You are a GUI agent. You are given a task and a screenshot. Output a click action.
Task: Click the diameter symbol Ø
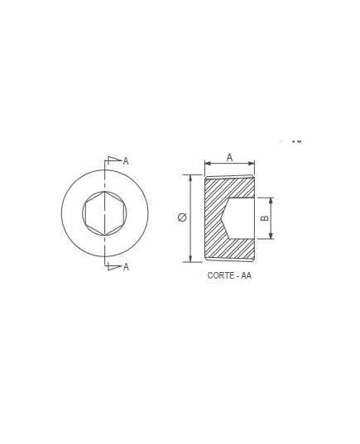point(182,217)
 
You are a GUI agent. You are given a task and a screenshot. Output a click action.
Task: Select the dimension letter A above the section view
point(229,157)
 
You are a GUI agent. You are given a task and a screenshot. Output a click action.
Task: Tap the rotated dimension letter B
point(264,218)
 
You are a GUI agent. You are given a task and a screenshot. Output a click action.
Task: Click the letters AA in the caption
point(247,275)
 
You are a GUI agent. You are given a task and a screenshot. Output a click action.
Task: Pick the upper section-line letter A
point(126,161)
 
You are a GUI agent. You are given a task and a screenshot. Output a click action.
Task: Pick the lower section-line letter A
point(126,267)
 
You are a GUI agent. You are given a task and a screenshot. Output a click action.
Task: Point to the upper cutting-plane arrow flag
point(115,159)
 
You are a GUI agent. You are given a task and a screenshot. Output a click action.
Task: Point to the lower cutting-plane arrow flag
point(115,267)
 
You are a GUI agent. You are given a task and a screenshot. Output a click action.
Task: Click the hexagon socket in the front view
point(104,213)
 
